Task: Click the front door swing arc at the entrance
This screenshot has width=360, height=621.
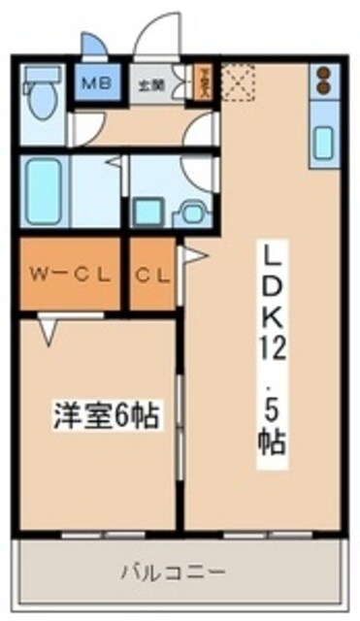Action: (x=155, y=37)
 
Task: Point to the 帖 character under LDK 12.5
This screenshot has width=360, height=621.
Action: (x=271, y=438)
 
